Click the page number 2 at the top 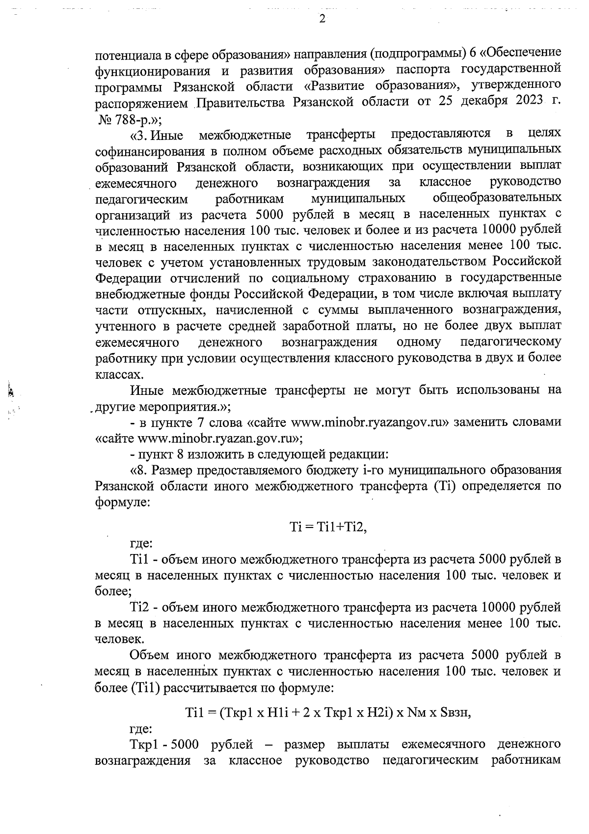pos(322,19)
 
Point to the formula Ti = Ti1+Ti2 pos(328,527)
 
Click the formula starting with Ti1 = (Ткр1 pos(328,713)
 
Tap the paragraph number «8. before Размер pos(139,470)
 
